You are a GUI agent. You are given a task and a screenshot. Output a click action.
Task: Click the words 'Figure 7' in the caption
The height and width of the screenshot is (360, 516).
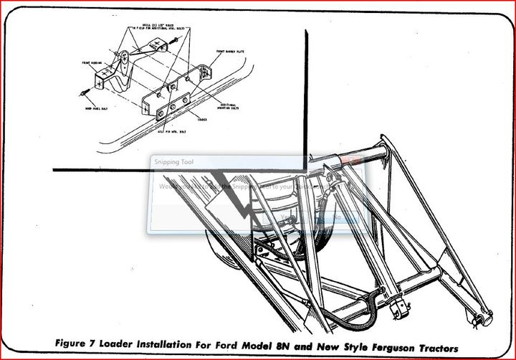[x=77, y=343]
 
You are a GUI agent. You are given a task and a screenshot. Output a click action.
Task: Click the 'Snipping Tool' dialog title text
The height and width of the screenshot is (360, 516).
[x=173, y=162]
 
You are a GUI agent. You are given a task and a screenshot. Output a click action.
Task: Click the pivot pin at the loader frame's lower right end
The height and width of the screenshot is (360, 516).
[x=485, y=318]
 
